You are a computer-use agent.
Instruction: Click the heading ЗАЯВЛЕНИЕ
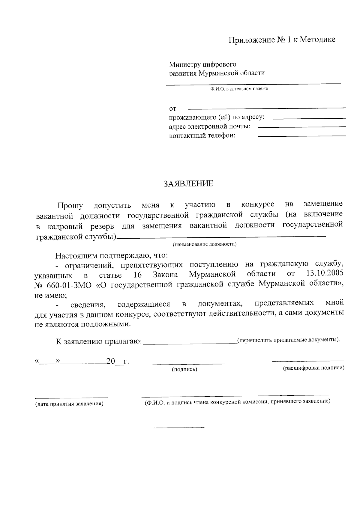click(188, 184)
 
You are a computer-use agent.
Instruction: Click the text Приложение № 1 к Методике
click(282, 40)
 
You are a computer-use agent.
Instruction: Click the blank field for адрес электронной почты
click(301, 127)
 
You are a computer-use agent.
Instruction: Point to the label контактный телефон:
click(202, 136)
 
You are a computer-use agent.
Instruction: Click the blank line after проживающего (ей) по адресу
click(310, 119)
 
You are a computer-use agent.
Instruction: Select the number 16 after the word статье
click(137, 275)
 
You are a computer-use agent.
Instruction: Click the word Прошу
click(70, 206)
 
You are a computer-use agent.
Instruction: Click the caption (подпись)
click(184, 369)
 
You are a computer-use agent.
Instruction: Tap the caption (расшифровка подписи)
click(313, 368)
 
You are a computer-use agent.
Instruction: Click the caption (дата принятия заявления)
click(69, 404)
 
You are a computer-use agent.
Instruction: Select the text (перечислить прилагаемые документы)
click(288, 340)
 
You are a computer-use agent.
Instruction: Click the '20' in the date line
click(111, 361)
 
